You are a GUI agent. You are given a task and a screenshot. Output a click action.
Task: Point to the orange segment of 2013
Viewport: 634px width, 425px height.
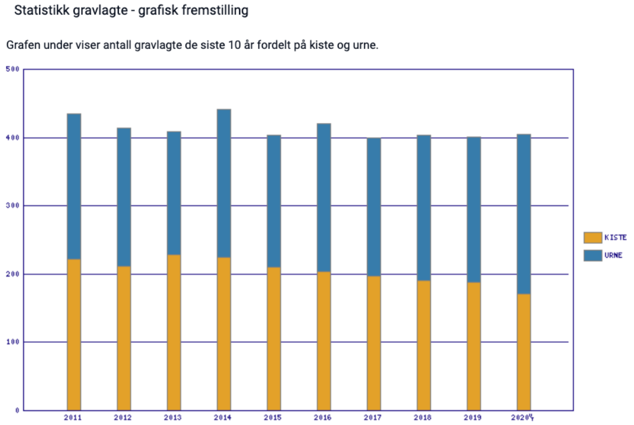pos(174,332)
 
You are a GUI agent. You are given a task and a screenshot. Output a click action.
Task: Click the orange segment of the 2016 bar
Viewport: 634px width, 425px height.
pos(324,340)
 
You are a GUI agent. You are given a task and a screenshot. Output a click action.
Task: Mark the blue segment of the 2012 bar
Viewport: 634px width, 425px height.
pos(124,196)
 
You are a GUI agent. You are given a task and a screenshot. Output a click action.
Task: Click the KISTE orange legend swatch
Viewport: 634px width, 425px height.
pos(593,237)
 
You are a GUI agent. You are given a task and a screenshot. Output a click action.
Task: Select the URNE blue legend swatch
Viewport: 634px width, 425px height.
pos(593,255)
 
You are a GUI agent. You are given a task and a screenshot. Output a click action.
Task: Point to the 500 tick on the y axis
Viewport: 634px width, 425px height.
pos(12,69)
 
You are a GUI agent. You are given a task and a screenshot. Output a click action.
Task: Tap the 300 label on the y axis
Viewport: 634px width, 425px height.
pos(12,206)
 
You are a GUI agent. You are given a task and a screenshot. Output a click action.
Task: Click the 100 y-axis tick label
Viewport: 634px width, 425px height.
pos(12,342)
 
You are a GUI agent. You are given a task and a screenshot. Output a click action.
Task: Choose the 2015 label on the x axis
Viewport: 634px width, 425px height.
pos(274,418)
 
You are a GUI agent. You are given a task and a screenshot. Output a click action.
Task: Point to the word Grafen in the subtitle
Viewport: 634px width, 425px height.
pos(23,45)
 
